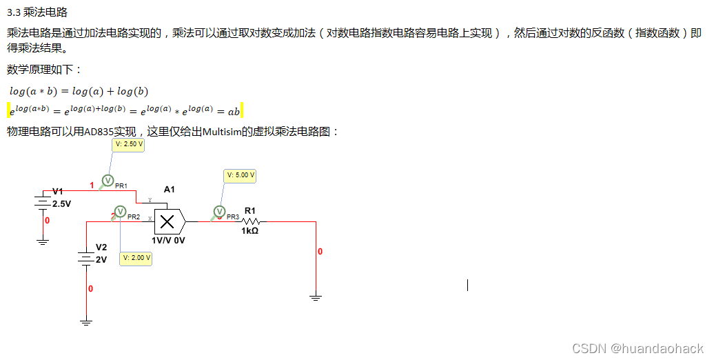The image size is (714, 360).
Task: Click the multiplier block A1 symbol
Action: click(x=167, y=221)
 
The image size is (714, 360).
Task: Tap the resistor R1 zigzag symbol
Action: click(x=250, y=221)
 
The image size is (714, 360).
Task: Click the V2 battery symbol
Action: click(x=85, y=258)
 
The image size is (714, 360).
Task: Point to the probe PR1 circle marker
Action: click(x=108, y=181)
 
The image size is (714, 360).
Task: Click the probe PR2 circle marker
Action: click(x=120, y=212)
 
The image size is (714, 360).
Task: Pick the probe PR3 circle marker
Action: click(x=219, y=212)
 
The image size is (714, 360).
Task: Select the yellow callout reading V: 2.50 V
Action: click(x=129, y=144)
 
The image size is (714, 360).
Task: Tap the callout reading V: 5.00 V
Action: click(x=241, y=175)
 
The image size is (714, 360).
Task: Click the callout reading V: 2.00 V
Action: click(x=135, y=258)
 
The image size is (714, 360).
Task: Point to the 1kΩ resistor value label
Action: click(x=249, y=231)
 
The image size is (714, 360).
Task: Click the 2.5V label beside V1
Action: click(x=62, y=204)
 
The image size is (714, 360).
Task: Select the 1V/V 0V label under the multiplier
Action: click(x=168, y=241)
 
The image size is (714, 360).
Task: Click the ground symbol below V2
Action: click(x=85, y=321)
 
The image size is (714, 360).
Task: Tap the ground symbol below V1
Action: click(x=43, y=241)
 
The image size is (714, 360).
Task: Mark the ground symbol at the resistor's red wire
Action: click(x=316, y=297)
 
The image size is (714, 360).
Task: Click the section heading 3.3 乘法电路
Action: click(x=37, y=12)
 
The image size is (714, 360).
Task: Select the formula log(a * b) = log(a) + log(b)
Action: click(x=79, y=91)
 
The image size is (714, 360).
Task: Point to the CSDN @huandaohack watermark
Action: click(x=638, y=348)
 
